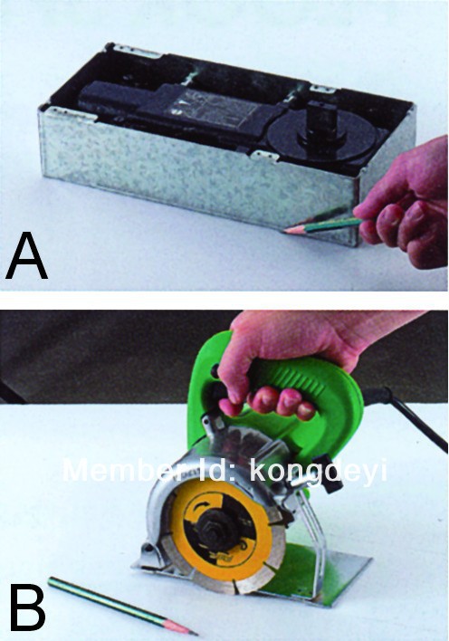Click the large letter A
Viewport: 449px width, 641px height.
tap(26, 255)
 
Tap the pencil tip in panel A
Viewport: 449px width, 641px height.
tap(285, 231)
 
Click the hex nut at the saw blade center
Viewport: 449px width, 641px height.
tap(215, 531)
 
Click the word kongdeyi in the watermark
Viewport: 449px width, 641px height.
tap(318, 472)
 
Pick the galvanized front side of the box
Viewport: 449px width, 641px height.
tap(196, 167)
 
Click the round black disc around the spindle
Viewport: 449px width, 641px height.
tap(323, 135)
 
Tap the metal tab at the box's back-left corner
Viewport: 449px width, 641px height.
tap(130, 50)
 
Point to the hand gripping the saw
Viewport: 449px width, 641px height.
tap(294, 359)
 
